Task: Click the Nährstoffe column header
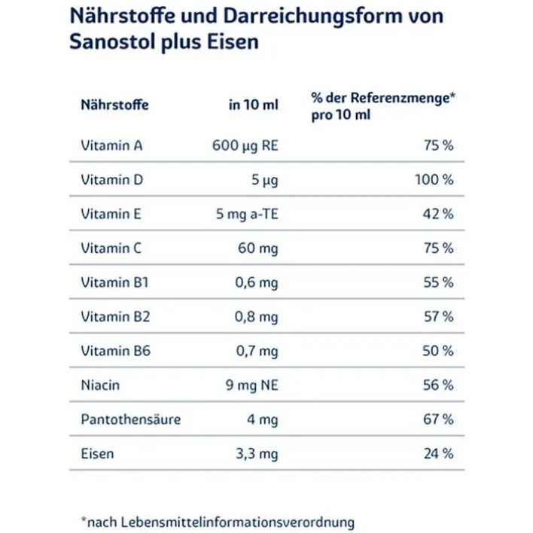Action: [x=114, y=105]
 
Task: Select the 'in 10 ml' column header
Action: [x=253, y=105]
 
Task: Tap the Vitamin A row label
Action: [x=111, y=145]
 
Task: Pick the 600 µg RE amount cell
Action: [x=245, y=145]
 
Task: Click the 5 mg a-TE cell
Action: [x=247, y=214]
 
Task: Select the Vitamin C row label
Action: [x=111, y=248]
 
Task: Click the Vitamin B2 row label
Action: [x=115, y=317]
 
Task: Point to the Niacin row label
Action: [x=100, y=385]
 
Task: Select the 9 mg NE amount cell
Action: [x=251, y=385]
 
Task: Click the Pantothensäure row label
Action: [x=130, y=419]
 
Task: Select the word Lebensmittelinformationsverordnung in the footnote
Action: [x=235, y=522]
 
